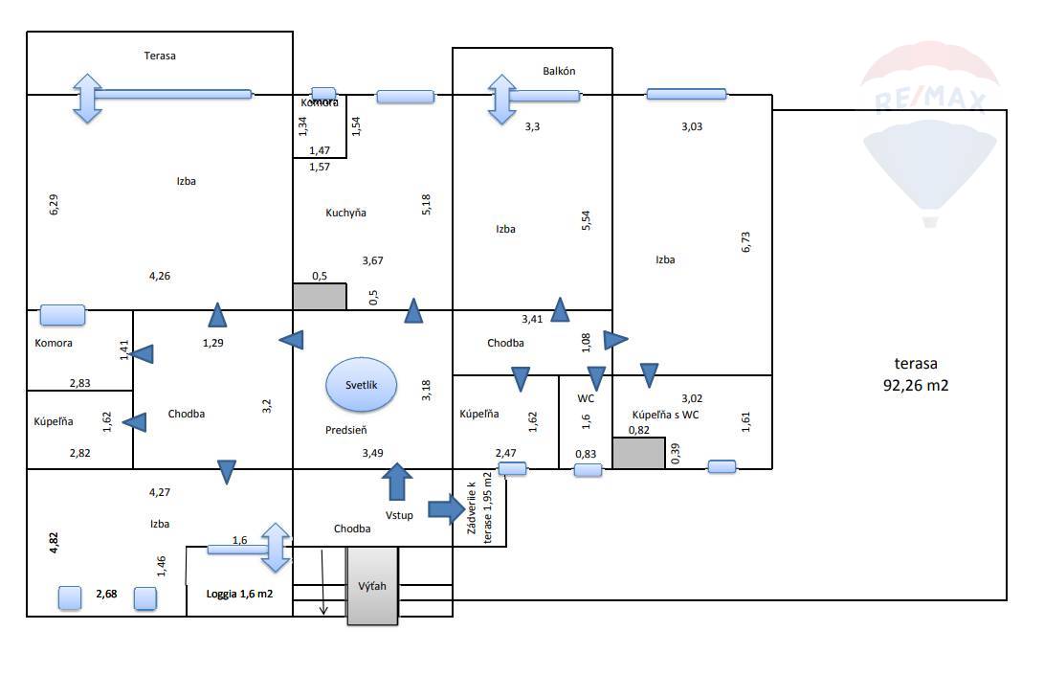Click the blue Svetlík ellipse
click(x=361, y=385)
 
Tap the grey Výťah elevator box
click(x=372, y=586)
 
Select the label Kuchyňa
click(x=345, y=213)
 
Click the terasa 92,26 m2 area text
click(x=916, y=373)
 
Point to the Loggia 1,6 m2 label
click(x=239, y=594)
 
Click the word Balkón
click(x=559, y=71)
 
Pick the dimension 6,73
click(x=745, y=242)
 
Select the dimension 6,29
click(x=54, y=205)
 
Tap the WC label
click(x=586, y=398)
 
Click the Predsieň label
click(x=346, y=430)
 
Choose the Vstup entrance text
click(x=399, y=515)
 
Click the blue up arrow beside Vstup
click(x=397, y=481)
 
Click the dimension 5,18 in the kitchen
click(x=426, y=205)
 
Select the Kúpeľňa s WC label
click(x=665, y=415)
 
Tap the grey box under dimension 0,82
click(x=639, y=453)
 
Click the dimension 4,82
click(x=54, y=543)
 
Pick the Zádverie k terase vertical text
click(x=479, y=507)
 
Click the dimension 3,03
click(x=692, y=126)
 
